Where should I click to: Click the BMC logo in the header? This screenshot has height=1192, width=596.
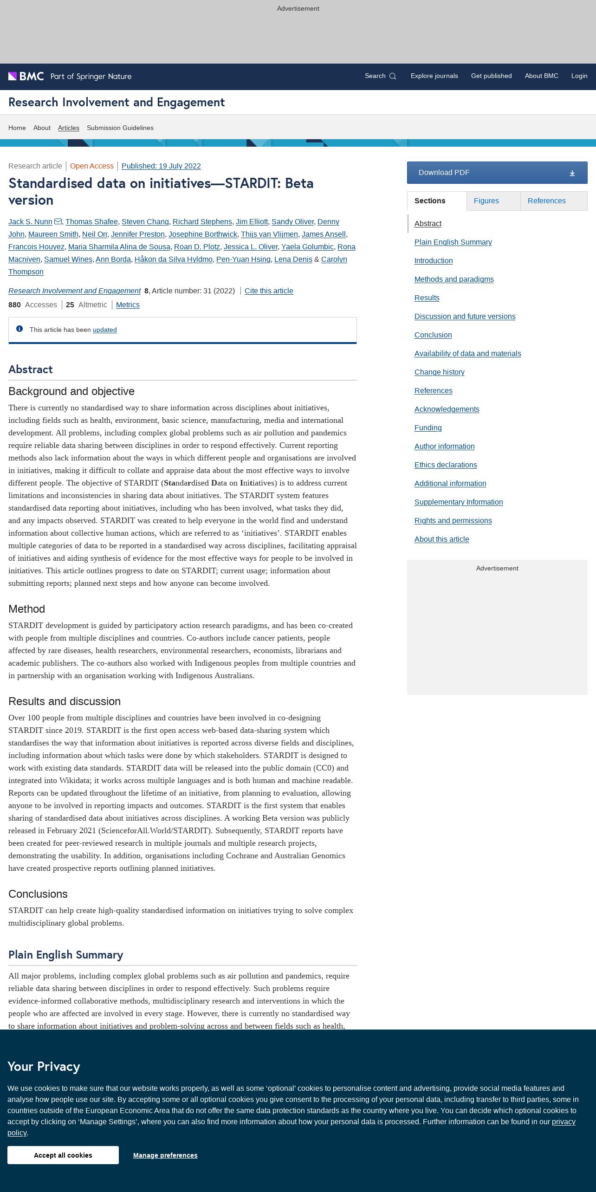point(26,76)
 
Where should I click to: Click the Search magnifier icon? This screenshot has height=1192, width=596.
point(393,76)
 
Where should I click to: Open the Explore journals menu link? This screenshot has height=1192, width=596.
point(434,76)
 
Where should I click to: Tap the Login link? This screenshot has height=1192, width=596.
point(579,76)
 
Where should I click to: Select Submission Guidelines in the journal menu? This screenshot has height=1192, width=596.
point(120,128)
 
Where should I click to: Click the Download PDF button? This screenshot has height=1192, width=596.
point(497,173)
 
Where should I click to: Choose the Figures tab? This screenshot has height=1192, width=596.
point(486,201)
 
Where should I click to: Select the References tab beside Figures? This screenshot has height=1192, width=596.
point(546,201)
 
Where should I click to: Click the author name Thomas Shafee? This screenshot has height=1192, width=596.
point(91,222)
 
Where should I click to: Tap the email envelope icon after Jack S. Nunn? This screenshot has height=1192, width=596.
point(58,221)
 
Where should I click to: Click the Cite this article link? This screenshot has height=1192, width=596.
point(269,291)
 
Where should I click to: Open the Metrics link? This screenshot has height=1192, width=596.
point(128,305)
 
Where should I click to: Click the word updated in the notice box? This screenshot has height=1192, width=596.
point(104,330)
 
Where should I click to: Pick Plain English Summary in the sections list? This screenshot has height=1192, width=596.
point(453,242)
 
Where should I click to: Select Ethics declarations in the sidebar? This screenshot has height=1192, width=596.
point(445,465)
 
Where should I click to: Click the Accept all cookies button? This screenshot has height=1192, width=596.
point(63,1155)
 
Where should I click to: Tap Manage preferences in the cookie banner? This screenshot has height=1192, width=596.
point(165,1155)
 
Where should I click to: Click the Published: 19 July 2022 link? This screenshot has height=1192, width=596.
point(161,166)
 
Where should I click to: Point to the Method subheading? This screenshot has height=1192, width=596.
point(26,609)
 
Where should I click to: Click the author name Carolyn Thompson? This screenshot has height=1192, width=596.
point(334,259)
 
